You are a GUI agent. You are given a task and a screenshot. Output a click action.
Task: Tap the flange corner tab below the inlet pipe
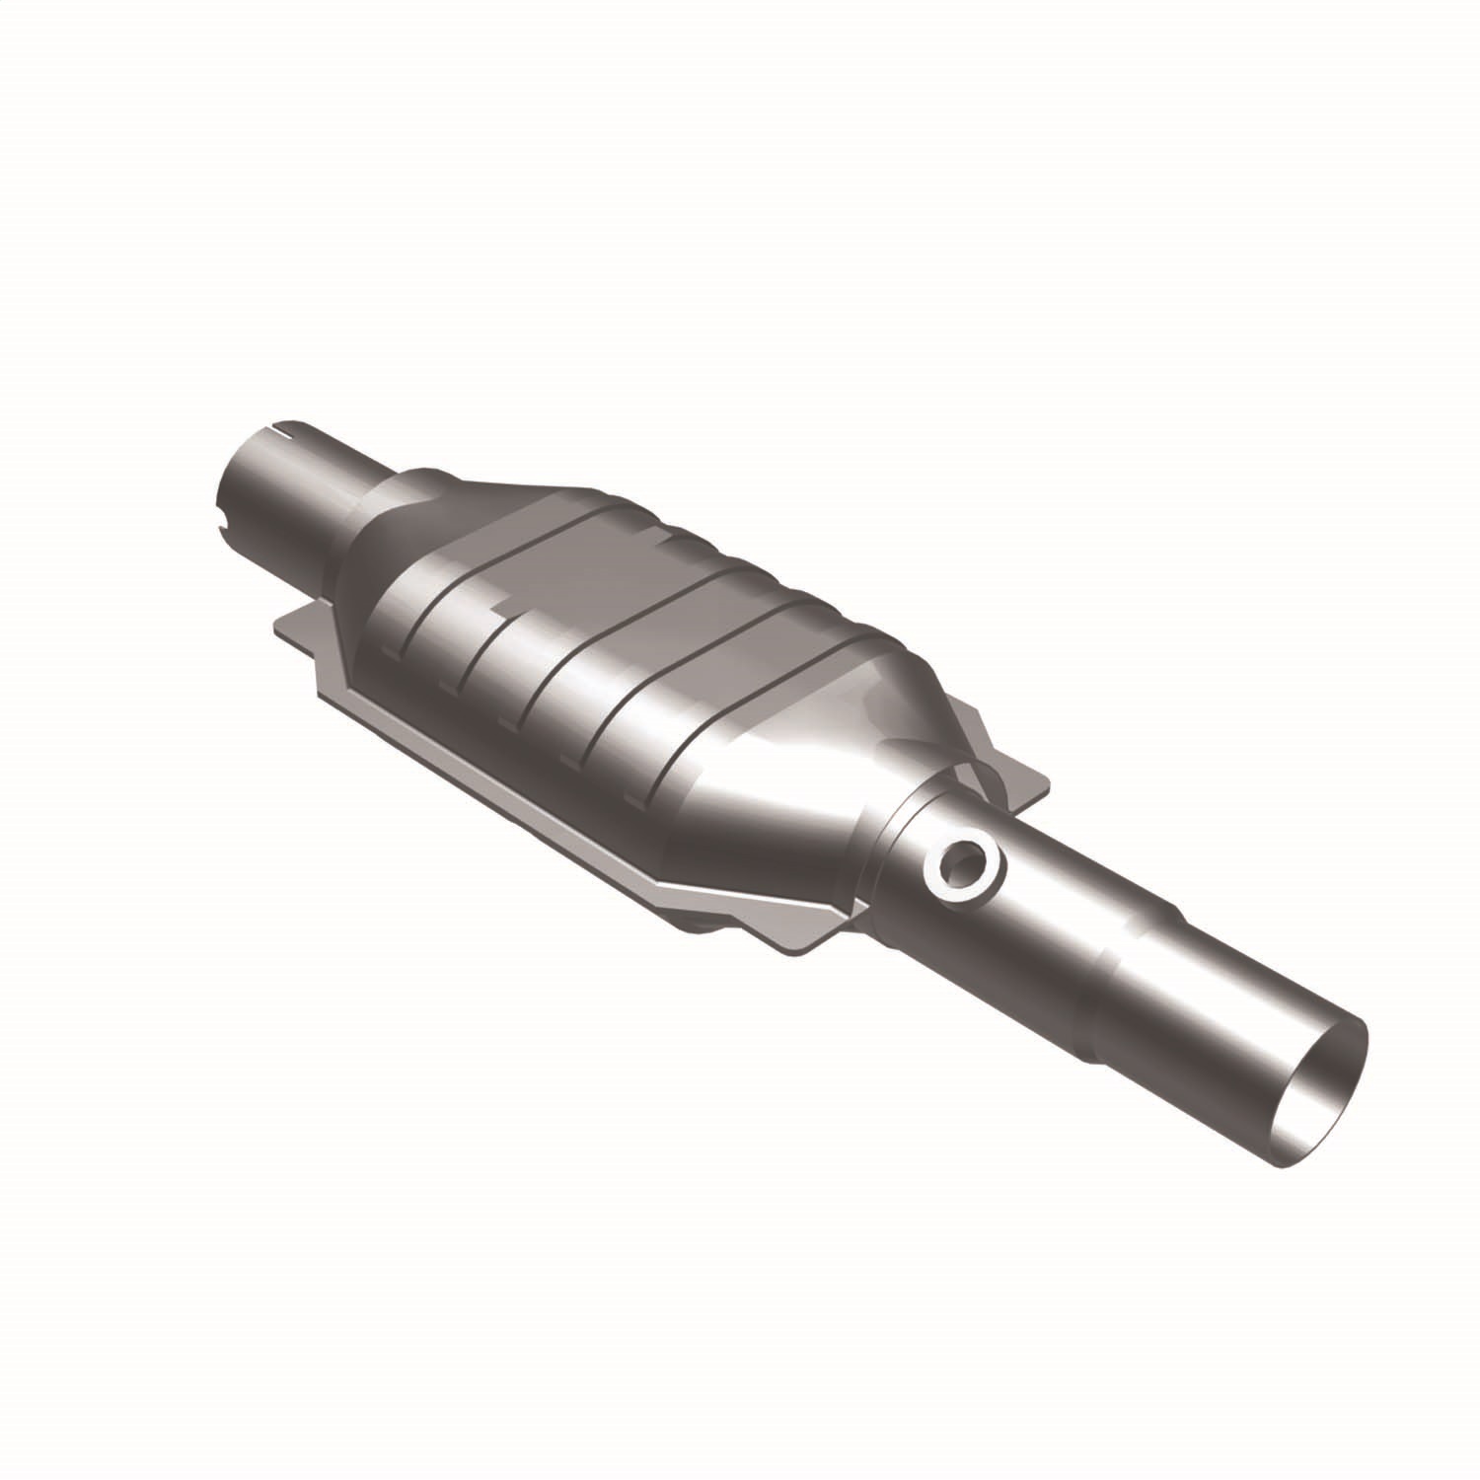pos(296,631)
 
